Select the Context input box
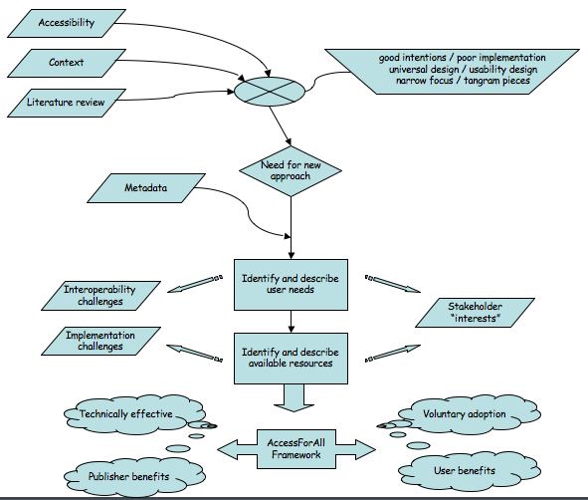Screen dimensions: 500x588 click(67, 63)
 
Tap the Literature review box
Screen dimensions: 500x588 click(67, 101)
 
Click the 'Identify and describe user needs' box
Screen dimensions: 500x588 click(291, 283)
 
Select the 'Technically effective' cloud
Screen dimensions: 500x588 click(126, 413)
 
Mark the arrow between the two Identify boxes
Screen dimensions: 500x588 click(291, 321)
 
